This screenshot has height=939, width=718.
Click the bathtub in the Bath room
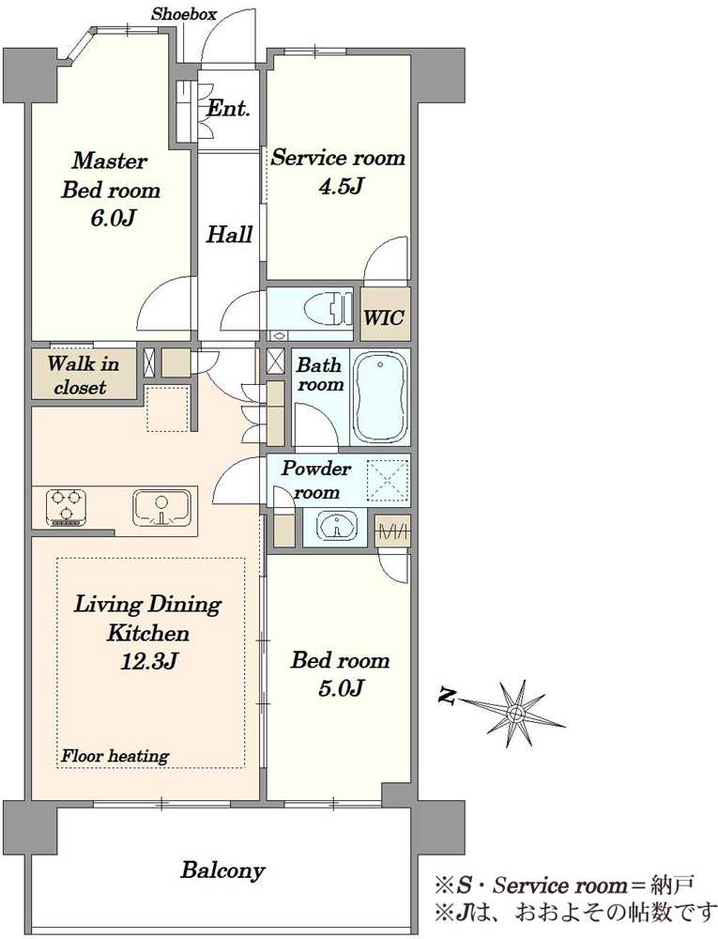[381, 396]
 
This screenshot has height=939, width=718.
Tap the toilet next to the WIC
[327, 308]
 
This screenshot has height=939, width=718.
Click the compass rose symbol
[513, 713]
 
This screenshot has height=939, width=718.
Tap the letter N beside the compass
[446, 697]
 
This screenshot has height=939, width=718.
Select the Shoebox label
[184, 14]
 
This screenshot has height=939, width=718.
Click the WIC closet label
[384, 317]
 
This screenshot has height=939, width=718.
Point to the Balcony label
[222, 870]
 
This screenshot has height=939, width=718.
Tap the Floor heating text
[115, 756]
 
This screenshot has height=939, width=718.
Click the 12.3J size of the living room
[148, 661]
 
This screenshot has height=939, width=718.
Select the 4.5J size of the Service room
[341, 186]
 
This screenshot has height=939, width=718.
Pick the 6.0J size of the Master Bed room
[113, 218]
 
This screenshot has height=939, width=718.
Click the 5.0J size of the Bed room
[341, 688]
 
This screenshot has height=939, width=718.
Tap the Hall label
[229, 234]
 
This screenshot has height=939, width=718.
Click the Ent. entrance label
[228, 108]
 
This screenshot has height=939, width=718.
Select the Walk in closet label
[84, 375]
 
